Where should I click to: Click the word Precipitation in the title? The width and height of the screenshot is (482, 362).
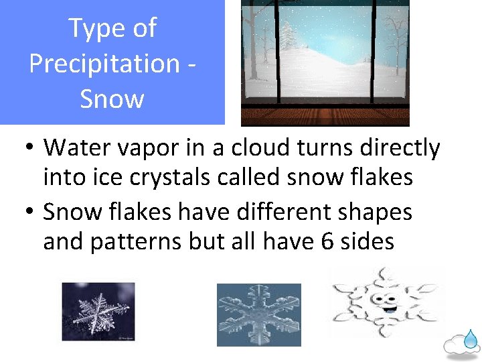coord(104,64)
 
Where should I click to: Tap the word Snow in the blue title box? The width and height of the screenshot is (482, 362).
coord(112,99)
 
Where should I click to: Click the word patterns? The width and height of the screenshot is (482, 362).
coord(137,241)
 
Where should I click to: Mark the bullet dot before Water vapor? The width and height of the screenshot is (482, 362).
coord(29,149)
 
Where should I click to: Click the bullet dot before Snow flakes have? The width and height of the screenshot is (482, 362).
coord(29,213)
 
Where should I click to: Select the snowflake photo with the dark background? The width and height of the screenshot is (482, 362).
coord(98,311)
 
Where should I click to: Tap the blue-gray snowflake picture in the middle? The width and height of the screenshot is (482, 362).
coord(258,314)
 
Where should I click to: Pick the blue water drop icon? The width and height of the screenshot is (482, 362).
coord(472,339)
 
